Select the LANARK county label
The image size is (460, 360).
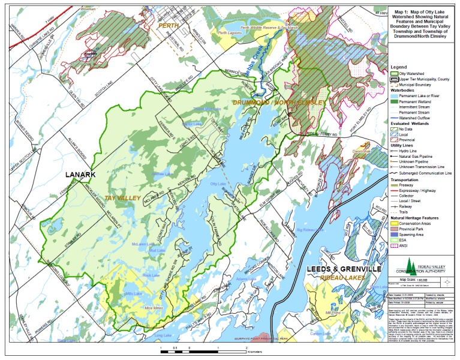(x=84, y=175)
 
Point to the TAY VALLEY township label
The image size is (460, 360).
(x=122, y=198)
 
